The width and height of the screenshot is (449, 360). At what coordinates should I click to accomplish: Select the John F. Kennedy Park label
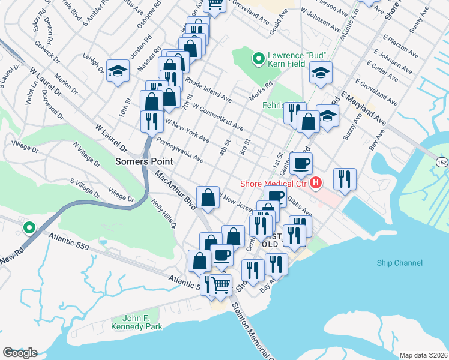click(x=136, y=322)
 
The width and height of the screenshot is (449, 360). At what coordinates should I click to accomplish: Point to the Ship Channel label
click(x=400, y=263)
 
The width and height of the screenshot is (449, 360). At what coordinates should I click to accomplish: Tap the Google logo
click(x=20, y=352)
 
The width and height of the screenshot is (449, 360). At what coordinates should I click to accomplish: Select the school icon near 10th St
click(x=118, y=70)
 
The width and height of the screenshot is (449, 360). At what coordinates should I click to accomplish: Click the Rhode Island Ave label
click(x=208, y=89)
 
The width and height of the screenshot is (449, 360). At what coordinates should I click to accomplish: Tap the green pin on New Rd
click(x=28, y=227)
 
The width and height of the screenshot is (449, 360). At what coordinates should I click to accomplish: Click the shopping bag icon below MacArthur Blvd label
click(x=208, y=197)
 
